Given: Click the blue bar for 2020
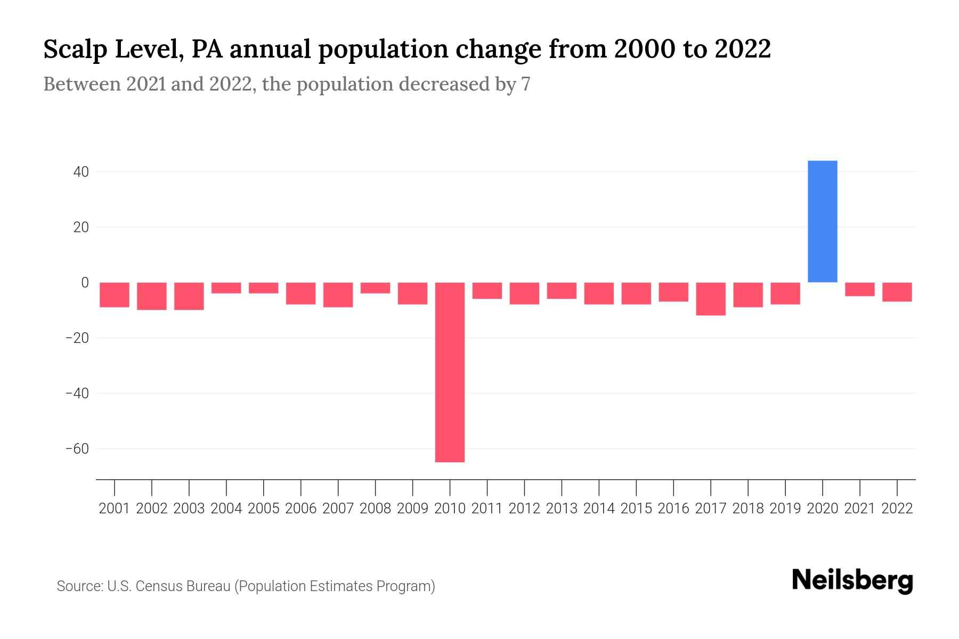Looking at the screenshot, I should click(822, 221).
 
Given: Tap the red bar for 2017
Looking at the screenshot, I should click(711, 299).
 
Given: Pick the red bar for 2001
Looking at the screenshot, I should click(115, 294).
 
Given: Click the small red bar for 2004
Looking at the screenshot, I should click(226, 288).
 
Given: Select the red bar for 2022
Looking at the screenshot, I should click(897, 292).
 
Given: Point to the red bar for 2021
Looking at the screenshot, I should click(859, 289).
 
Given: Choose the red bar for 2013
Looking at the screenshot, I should click(562, 291).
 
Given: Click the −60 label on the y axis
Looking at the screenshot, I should click(77, 448).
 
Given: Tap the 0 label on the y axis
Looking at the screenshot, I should click(84, 282).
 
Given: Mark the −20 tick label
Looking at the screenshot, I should click(77, 338).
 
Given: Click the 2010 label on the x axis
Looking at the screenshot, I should click(450, 509).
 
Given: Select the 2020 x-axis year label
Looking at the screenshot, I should click(822, 509).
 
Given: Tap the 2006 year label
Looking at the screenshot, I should click(301, 509).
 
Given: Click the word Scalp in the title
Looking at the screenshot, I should click(74, 50).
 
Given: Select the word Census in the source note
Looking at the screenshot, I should click(159, 586).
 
